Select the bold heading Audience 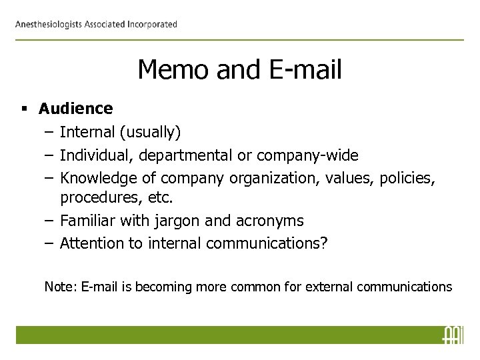76,108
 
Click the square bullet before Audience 24,108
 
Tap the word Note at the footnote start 57,287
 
